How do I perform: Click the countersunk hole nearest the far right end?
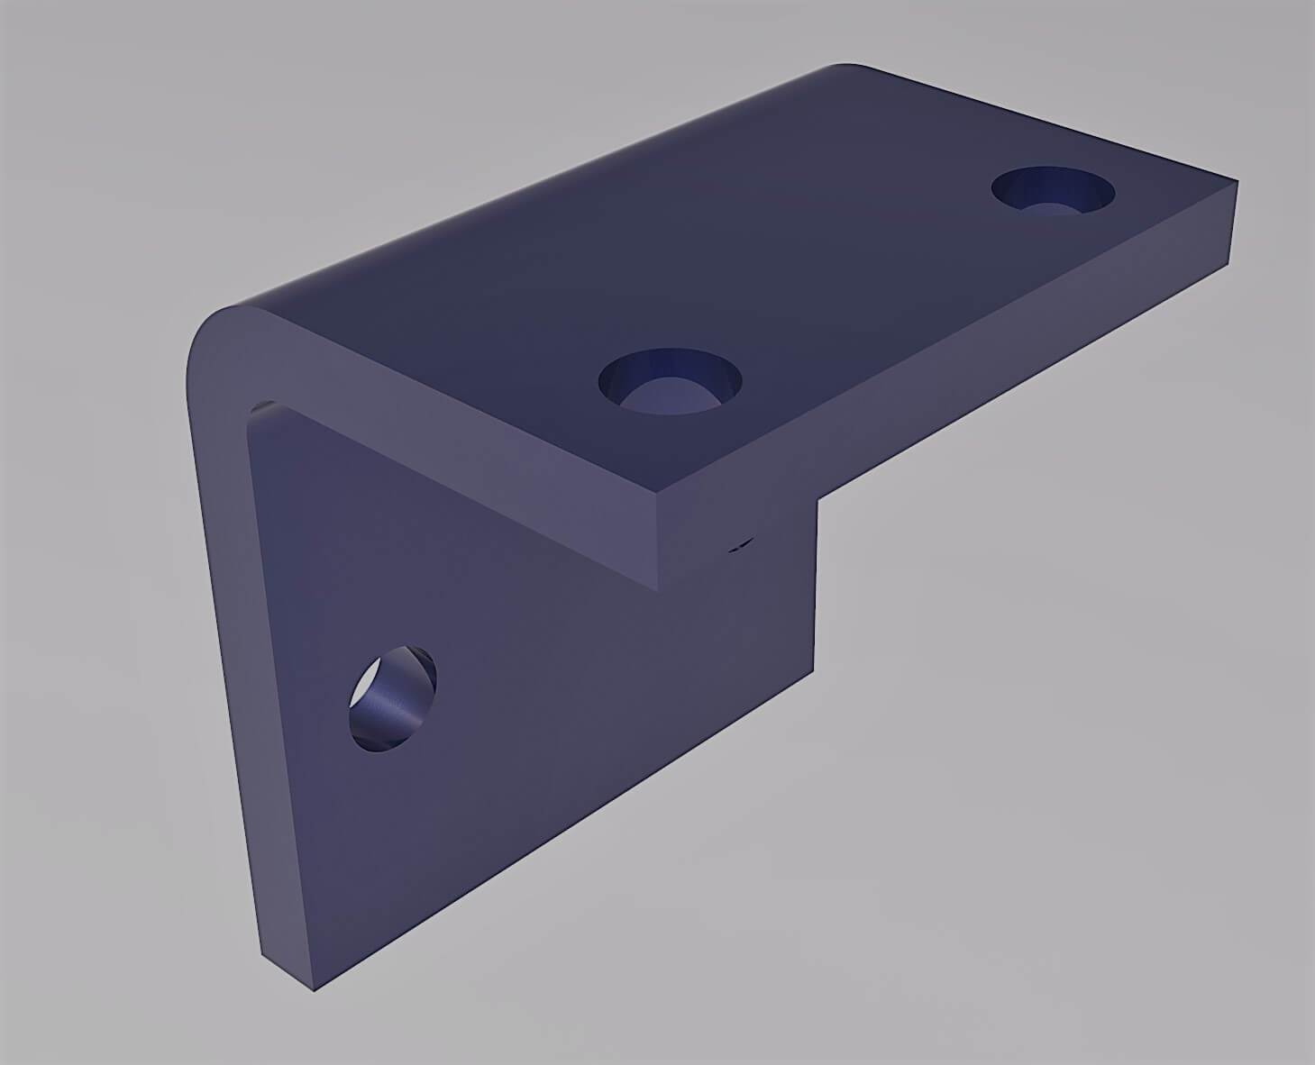pos(1053,192)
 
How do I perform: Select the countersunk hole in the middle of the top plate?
pos(669,380)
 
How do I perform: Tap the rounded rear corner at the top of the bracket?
pos(843,67)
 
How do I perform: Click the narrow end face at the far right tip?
pos(1233,221)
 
